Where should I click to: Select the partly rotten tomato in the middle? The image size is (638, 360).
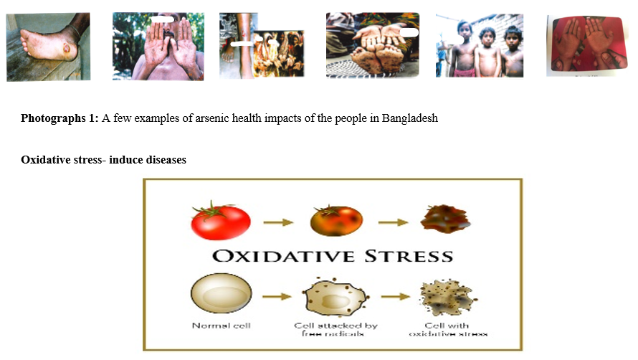coord(336,220)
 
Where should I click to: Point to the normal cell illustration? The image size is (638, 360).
coord(221,293)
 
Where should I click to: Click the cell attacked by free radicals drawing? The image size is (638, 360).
coord(335,297)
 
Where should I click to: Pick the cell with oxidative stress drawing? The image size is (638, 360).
coord(448,298)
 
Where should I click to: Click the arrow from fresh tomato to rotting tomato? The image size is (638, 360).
coord(278,222)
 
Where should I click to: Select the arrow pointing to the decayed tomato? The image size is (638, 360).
coord(393,222)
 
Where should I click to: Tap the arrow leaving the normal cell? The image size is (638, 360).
coord(277,296)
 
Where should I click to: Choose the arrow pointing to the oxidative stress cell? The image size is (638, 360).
coord(395,296)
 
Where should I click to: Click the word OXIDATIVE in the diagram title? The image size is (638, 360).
coord(284,256)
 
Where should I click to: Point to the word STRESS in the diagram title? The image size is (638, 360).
coord(409,256)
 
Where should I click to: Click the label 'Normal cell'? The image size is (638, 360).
coord(222,326)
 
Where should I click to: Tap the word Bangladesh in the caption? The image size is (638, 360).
coord(410,118)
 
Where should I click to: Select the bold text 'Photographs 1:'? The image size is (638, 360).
coord(59,118)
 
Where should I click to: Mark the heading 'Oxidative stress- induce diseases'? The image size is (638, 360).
coord(103,160)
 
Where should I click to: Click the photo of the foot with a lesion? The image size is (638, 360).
coord(48,47)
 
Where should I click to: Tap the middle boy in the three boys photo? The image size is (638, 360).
coord(487,52)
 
